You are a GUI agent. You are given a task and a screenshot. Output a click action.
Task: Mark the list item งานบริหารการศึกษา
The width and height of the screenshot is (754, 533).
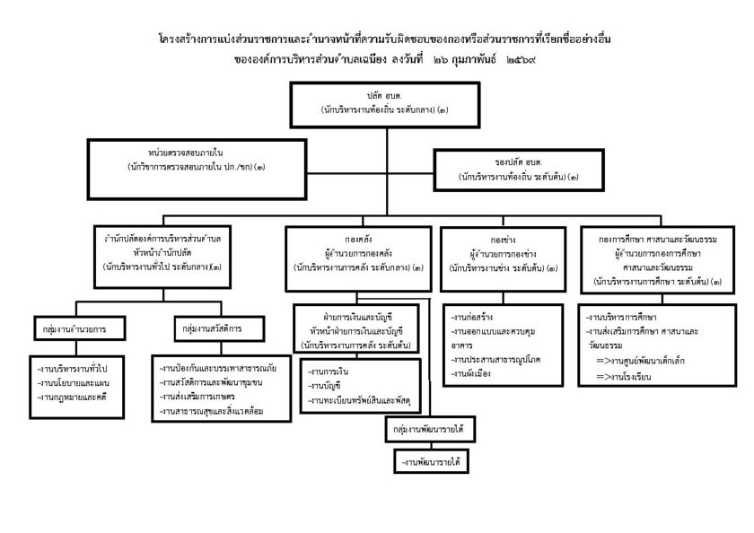[627, 318]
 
